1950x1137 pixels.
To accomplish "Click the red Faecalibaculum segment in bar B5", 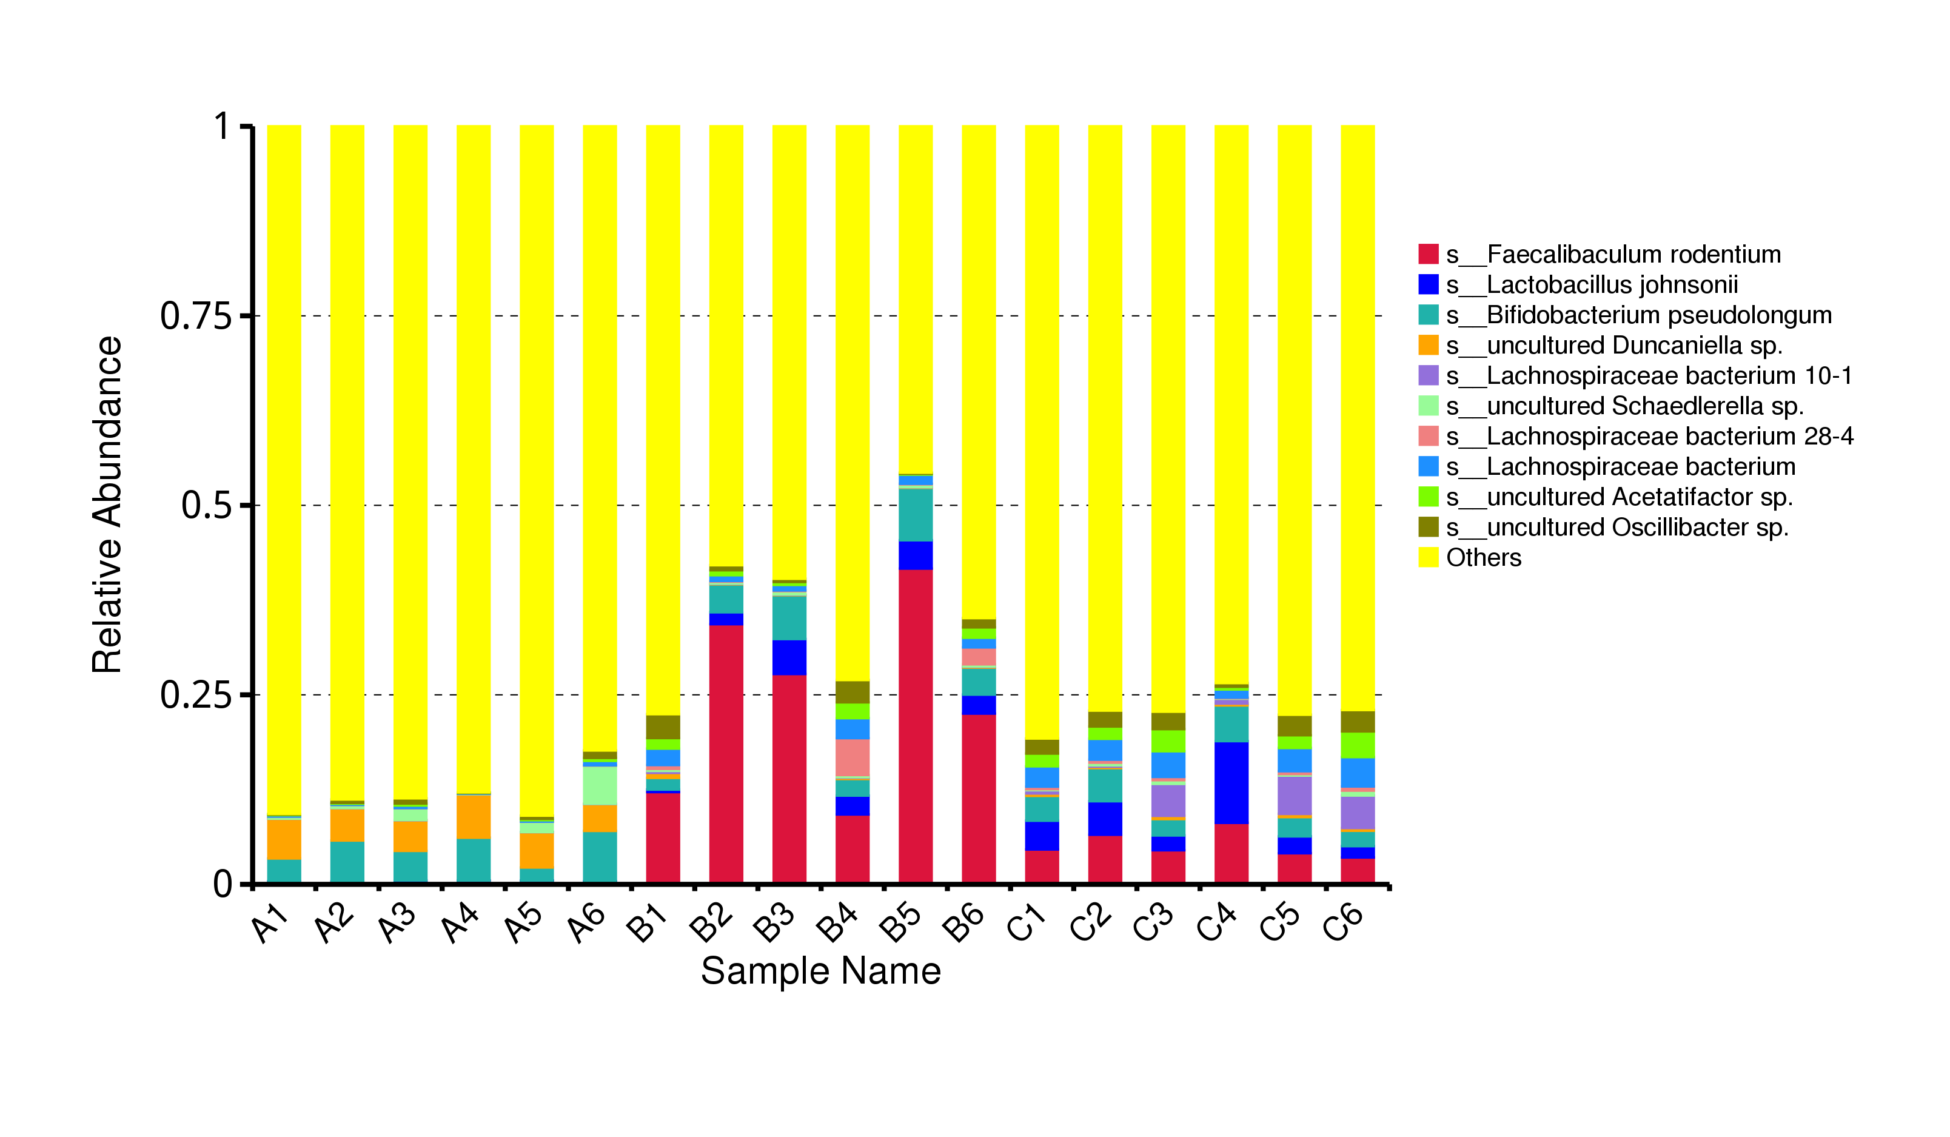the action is pos(916,726).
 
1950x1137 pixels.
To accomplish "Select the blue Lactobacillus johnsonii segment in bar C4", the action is pos(1231,783).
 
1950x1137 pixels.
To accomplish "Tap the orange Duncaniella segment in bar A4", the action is pos(474,817).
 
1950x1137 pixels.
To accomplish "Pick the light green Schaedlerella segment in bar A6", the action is pos(600,786).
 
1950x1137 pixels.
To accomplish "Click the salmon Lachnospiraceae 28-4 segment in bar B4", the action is pos(853,758).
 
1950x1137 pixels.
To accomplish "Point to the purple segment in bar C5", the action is pos(1295,796).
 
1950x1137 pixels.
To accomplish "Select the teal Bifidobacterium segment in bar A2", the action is pos(347,862).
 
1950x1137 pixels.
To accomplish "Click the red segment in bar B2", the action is pos(726,754).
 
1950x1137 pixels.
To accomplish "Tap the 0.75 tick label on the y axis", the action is pos(196,316).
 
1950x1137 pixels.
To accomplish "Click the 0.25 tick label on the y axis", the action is pos(196,694).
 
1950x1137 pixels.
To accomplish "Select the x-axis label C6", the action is pos(1342,922).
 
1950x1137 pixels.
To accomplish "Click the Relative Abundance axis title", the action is pos(107,505).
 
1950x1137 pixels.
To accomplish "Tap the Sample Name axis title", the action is pos(821,971).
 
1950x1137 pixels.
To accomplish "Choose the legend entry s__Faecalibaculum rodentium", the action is pos(1600,254).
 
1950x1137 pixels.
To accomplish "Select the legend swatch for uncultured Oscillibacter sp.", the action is pos(1429,527).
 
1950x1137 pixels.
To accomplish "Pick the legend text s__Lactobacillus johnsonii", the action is pos(1592,285).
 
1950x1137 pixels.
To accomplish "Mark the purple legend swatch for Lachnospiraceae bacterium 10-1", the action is pos(1429,375).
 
